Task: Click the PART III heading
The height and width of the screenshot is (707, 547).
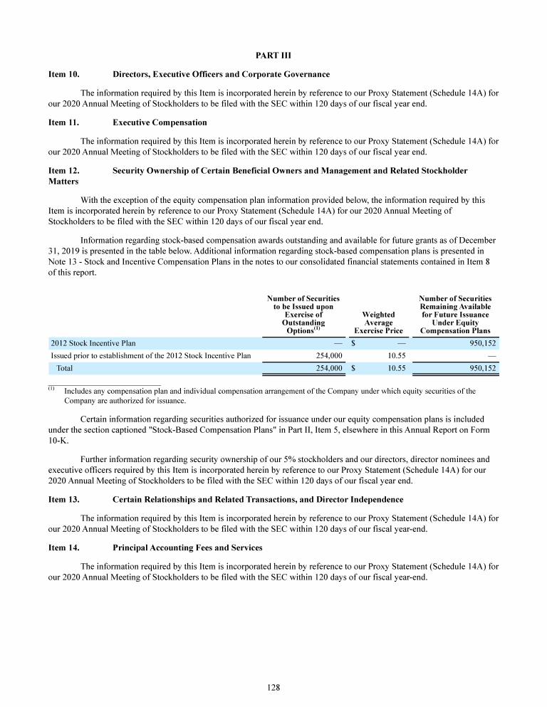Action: (x=273, y=55)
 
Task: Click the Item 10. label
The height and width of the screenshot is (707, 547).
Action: (x=63, y=74)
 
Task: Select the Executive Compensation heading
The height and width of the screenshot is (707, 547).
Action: (x=160, y=122)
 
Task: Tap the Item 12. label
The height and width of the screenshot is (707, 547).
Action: (x=63, y=171)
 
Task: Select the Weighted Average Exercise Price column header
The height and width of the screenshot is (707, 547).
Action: (x=378, y=322)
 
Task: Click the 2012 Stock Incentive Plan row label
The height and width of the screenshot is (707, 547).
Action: (x=93, y=343)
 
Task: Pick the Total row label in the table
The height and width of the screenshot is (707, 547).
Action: (x=64, y=369)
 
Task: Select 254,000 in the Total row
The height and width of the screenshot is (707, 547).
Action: (x=329, y=369)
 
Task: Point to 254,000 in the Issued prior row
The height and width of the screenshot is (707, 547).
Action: (x=329, y=356)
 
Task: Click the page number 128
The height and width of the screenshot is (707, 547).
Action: (x=273, y=687)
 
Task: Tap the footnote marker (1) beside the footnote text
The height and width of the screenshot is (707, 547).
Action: (x=52, y=389)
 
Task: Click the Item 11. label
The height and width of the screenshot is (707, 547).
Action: (x=63, y=122)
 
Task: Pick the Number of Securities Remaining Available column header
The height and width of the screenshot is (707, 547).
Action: (x=455, y=314)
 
